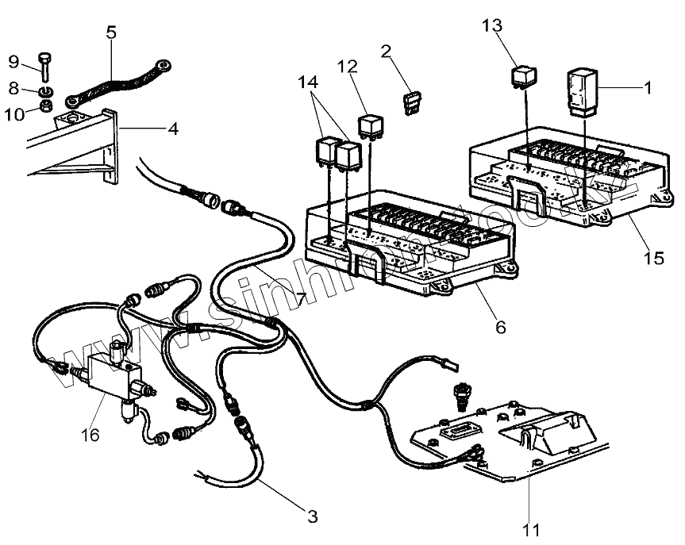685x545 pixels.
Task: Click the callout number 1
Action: pyautogui.click(x=648, y=88)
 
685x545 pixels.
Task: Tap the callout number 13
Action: pyautogui.click(x=492, y=25)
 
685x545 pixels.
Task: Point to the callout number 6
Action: pyautogui.click(x=499, y=325)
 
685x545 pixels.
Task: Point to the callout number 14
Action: pyautogui.click(x=312, y=83)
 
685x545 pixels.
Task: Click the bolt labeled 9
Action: pyautogui.click(x=44, y=67)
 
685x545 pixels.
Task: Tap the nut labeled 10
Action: pyautogui.click(x=46, y=105)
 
